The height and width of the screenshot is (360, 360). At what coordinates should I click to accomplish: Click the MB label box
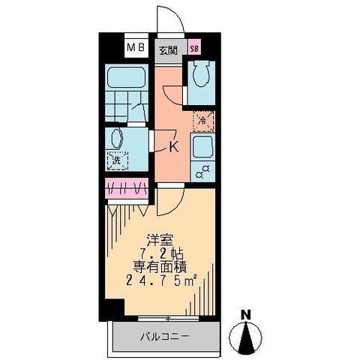tap(135, 49)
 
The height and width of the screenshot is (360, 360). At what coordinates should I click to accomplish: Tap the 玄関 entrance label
tap(167, 50)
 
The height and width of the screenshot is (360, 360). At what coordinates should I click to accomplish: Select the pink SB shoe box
tap(194, 50)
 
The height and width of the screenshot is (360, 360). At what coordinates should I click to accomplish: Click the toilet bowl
tap(200, 76)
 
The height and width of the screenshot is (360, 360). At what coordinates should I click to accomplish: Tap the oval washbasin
tap(116, 138)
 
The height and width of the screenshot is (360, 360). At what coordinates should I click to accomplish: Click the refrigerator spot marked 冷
tap(202, 118)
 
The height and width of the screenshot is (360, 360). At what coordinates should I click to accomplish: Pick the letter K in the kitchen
tap(174, 147)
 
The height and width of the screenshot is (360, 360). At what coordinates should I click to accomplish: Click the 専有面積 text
tap(161, 267)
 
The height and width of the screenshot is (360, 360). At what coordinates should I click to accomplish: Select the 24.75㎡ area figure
tap(160, 281)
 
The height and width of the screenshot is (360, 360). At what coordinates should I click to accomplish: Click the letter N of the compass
tap(246, 315)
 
